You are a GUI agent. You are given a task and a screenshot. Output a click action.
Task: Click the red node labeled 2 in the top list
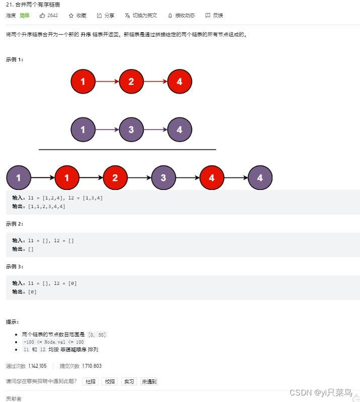131,81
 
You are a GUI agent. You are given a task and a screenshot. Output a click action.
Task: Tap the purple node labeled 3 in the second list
131,130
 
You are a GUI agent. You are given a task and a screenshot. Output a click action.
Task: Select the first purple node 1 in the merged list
19,177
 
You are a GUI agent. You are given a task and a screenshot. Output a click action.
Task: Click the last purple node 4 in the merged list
260,177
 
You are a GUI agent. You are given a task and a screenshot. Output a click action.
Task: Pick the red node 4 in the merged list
212,177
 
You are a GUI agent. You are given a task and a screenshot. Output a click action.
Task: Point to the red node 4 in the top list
179,81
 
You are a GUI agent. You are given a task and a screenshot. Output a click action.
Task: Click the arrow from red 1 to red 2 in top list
107,81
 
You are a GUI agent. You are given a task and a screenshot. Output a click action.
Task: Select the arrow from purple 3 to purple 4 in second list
155,130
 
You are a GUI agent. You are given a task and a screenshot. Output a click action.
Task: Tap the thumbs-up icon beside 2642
42,16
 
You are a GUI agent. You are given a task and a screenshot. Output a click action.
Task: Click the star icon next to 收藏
71,16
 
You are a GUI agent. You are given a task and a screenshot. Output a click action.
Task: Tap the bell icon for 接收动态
170,16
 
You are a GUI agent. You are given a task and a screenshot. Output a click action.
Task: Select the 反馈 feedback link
214,16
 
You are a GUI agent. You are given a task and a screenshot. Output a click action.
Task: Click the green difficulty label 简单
25,16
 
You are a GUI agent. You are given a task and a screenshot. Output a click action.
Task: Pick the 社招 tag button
91,381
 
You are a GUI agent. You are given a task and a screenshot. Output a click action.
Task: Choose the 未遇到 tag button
149,381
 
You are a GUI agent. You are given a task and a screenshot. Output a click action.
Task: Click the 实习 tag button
129,381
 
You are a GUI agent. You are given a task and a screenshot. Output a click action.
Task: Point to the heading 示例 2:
15,224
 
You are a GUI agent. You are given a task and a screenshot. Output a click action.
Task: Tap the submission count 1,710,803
92,366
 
